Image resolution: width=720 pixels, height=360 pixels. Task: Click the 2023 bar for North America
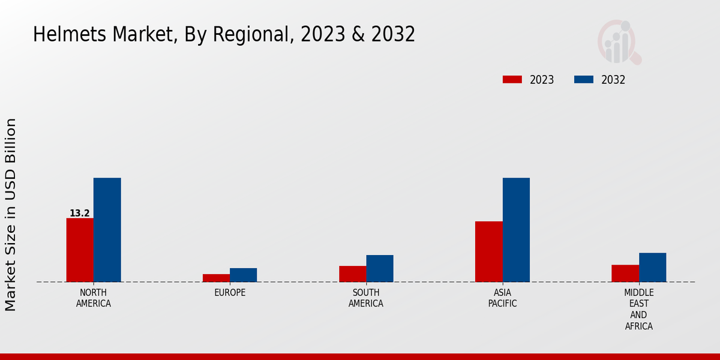(80, 250)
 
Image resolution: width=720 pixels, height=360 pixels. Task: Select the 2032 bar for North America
(107, 230)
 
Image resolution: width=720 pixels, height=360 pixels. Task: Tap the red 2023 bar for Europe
(216, 278)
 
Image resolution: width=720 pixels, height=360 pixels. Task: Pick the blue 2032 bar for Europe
(243, 275)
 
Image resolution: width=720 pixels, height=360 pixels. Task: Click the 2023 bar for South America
(352, 274)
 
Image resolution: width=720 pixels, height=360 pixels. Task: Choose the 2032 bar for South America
(380, 268)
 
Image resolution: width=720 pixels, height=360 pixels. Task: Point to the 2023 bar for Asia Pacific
(488, 251)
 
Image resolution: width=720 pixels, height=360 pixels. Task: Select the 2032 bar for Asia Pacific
(516, 230)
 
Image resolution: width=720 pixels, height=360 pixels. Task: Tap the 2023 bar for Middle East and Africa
(625, 273)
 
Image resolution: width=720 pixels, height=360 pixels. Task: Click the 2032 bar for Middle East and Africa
(652, 267)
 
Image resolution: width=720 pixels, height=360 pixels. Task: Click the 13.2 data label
(80, 214)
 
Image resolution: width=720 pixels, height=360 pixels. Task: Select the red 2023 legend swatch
(512, 80)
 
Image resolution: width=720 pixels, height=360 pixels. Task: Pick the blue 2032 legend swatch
(584, 80)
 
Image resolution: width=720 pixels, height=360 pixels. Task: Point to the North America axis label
(94, 298)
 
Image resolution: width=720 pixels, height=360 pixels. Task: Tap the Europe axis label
(230, 293)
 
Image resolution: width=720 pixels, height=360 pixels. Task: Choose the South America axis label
(366, 298)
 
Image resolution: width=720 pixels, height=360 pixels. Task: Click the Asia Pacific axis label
(502, 298)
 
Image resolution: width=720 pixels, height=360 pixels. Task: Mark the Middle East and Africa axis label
(638, 309)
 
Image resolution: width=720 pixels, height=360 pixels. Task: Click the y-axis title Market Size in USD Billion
(11, 214)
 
